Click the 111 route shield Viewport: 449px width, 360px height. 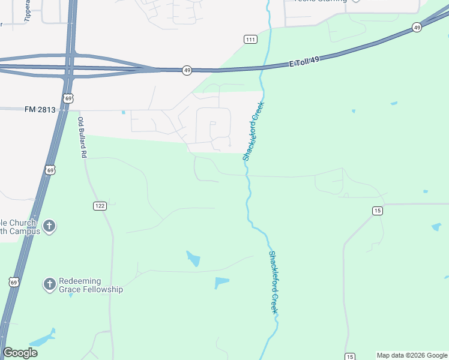click(x=251, y=39)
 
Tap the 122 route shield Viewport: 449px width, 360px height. click(x=100, y=206)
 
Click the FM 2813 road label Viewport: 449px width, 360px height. click(x=40, y=109)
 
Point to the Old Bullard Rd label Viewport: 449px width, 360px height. click(x=82, y=137)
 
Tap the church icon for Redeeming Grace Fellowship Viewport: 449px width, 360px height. click(x=49, y=284)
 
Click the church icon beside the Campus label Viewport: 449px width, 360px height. click(x=49, y=226)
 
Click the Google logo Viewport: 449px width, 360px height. click(x=20, y=353)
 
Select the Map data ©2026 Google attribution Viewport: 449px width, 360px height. click(x=412, y=355)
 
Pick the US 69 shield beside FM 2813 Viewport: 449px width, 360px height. click(x=68, y=98)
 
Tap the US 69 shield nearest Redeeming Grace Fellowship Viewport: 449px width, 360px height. click(x=14, y=281)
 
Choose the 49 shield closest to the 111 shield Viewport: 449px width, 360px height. click(x=187, y=70)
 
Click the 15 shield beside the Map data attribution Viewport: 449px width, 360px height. click(x=350, y=356)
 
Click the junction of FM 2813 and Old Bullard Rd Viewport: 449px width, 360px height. click(x=79, y=110)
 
